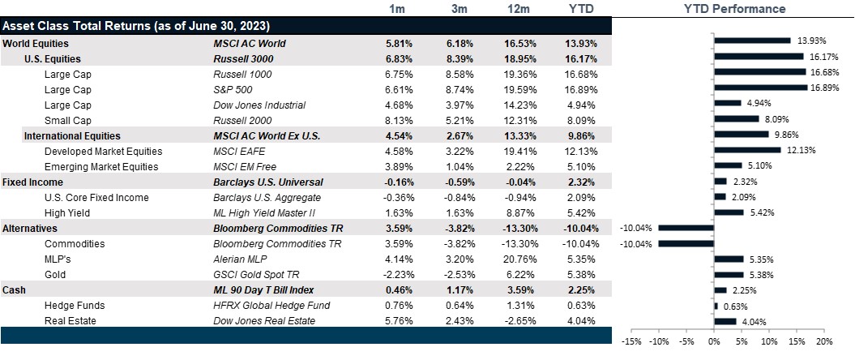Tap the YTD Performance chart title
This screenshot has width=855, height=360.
click(x=734, y=9)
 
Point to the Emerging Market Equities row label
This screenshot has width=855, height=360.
click(x=101, y=166)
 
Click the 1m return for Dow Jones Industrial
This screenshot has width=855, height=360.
click(x=398, y=105)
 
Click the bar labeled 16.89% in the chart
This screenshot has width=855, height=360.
click(x=760, y=87)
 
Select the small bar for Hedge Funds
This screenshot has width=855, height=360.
click(x=716, y=306)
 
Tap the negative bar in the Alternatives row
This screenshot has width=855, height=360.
click(x=686, y=228)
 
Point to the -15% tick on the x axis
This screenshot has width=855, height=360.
click(x=631, y=341)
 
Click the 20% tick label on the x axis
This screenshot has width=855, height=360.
click(x=824, y=341)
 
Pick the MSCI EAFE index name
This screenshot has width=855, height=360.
click(x=238, y=151)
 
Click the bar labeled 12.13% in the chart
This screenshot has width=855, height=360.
click(x=747, y=149)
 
